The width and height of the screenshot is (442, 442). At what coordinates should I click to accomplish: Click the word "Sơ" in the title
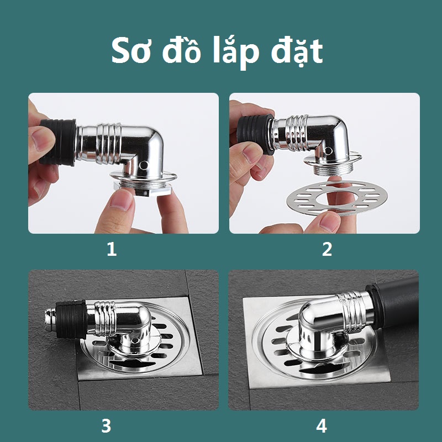[131, 51]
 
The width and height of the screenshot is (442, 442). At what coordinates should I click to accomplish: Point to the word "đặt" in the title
[297, 51]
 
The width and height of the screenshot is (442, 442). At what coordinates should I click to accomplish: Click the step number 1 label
[112, 250]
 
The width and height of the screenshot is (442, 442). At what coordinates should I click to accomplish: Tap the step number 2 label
[327, 250]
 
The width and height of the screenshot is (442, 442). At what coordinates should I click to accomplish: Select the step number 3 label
[106, 425]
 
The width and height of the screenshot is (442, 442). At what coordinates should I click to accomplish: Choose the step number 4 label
[322, 425]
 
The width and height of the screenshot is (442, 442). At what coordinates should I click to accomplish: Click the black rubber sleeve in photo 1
[59, 143]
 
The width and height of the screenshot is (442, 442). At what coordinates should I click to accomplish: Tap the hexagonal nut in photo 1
[143, 189]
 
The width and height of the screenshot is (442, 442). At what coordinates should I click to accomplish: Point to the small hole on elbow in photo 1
[144, 165]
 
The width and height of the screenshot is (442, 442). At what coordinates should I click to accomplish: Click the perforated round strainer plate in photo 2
[337, 198]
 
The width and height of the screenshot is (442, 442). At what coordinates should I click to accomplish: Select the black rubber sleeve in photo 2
[255, 133]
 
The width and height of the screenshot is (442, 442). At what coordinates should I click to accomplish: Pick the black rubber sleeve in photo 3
[71, 319]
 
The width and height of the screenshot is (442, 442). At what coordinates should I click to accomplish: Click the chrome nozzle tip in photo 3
[50, 319]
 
